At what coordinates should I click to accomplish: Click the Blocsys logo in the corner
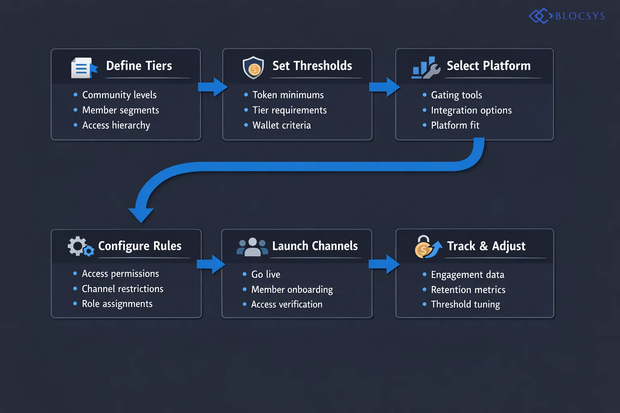[566, 16]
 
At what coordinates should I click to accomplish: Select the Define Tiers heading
[139, 66]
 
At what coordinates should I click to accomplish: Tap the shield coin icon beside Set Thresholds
[253, 67]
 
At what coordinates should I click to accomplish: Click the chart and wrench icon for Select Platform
[425, 68]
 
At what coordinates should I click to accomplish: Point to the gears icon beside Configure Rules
[80, 246]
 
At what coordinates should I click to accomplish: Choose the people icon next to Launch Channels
[252, 247]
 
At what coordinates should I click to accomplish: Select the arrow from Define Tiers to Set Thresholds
[212, 87]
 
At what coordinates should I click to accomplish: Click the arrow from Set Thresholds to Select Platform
[384, 87]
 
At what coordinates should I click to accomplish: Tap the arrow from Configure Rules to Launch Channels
[211, 264]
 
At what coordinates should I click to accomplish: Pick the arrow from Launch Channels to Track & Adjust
[384, 264]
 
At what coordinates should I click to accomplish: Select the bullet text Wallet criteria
[281, 125]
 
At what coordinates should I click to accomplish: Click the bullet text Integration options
[471, 111]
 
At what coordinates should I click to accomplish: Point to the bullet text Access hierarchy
[116, 125]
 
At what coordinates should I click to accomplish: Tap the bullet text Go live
[266, 275]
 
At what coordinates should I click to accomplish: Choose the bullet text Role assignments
[117, 304]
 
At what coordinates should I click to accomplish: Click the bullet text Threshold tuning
[465, 305]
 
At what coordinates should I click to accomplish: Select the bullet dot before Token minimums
[246, 95]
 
